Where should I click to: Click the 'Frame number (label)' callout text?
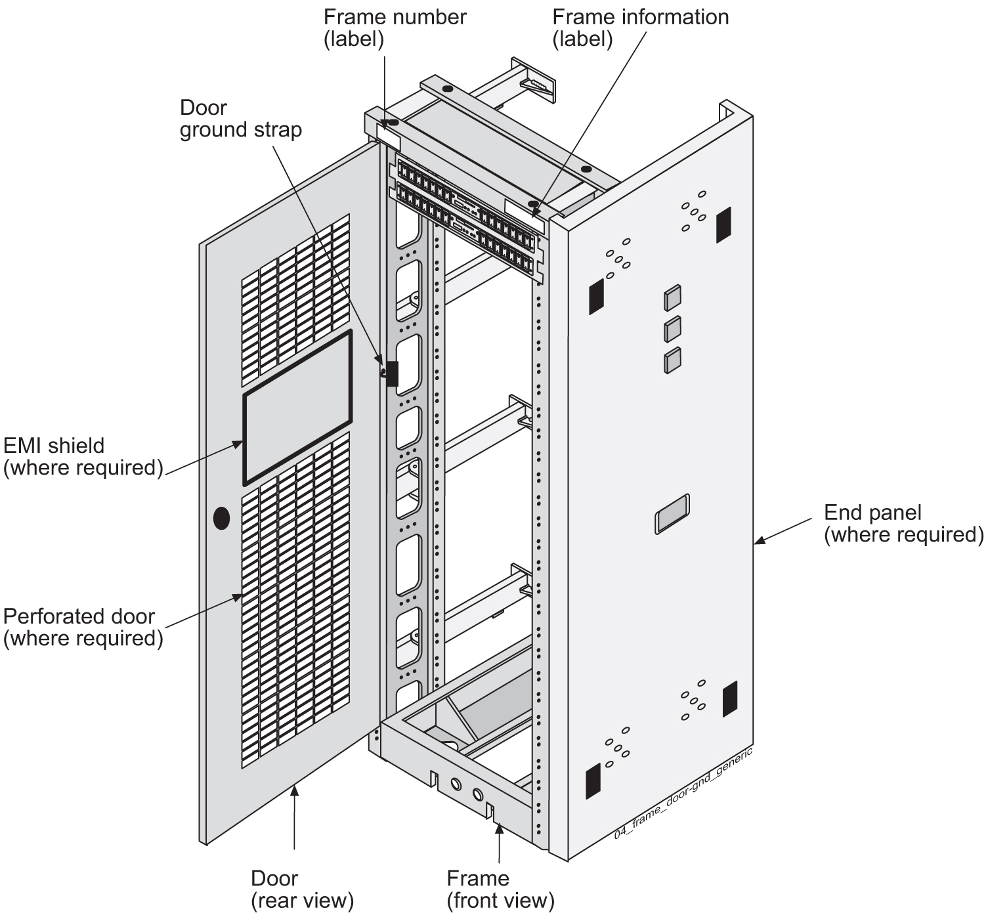(395, 28)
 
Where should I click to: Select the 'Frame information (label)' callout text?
(640, 28)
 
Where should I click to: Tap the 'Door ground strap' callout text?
(240, 119)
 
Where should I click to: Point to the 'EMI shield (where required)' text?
(83, 457)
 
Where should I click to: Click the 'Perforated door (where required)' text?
(83, 628)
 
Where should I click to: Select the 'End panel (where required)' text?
(903, 523)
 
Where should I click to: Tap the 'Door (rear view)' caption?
(302, 889)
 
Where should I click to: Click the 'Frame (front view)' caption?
(500, 889)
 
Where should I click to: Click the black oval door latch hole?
(222, 519)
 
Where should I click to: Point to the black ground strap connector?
(392, 374)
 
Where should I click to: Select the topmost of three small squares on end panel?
(672, 297)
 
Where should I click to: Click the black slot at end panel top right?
(723, 225)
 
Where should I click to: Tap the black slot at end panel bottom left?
(594, 781)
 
